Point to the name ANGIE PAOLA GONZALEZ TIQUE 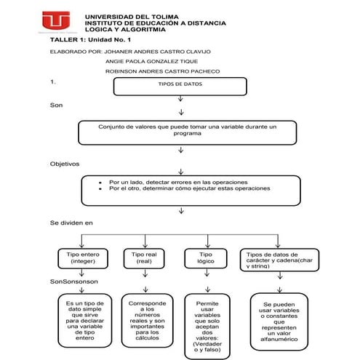152,62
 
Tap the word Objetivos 64,164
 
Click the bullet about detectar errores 178,181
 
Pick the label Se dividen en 71,221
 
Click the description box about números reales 148,320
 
